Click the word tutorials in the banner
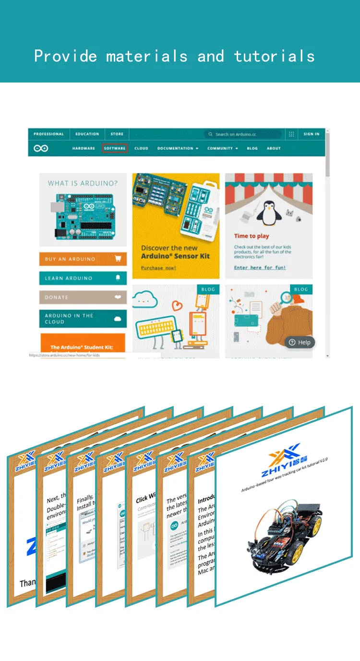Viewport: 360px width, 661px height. click(274, 57)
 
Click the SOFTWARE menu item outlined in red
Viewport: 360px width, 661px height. click(115, 148)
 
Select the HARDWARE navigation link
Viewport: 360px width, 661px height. click(84, 148)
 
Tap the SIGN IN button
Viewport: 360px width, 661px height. click(311, 134)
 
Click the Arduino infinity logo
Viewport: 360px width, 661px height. click(41, 148)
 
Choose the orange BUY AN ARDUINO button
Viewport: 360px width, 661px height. click(83, 259)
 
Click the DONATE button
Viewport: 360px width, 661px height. click(83, 297)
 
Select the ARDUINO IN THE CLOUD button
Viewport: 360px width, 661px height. click(83, 319)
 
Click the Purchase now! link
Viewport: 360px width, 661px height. click(158, 268)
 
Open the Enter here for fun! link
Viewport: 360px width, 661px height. click(260, 268)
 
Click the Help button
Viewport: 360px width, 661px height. click(300, 342)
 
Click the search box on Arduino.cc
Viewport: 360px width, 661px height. click(242, 134)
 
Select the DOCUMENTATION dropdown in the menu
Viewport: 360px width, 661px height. click(178, 148)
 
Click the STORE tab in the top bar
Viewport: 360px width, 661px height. click(117, 134)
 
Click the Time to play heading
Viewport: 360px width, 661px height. click(252, 236)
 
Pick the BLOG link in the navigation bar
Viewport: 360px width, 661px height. click(252, 148)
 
